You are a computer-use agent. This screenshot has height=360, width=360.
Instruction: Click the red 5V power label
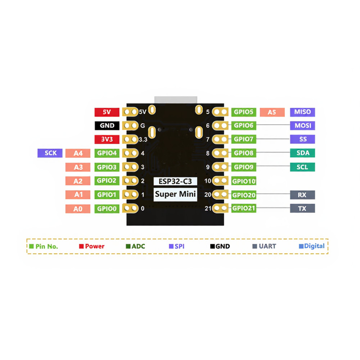click(107, 112)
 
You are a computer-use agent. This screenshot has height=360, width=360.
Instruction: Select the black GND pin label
click(107, 126)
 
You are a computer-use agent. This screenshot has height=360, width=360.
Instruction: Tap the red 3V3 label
click(107, 139)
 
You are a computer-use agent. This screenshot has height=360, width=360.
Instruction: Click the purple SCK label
click(50, 153)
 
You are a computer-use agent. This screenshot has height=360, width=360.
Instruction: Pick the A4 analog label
click(78, 153)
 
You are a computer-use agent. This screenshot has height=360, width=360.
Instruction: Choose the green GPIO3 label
click(107, 167)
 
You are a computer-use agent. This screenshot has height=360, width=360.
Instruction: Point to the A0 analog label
click(78, 208)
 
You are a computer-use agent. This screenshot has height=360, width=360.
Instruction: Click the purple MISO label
click(302, 112)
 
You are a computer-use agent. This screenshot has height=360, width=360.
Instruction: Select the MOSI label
click(302, 126)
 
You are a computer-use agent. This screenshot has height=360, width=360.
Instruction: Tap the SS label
click(302, 139)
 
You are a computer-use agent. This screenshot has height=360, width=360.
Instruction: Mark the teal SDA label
click(302, 153)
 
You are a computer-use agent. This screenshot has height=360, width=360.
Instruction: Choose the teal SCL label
click(302, 167)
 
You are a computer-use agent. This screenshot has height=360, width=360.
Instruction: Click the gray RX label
click(302, 195)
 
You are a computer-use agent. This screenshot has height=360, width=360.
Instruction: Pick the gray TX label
click(302, 208)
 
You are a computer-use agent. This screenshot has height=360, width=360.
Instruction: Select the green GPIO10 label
click(244, 181)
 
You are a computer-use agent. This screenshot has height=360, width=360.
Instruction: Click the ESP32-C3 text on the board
click(175, 181)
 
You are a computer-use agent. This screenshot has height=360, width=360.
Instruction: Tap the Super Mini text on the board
click(175, 195)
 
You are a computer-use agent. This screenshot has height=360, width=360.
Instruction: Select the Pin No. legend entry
click(44, 246)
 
